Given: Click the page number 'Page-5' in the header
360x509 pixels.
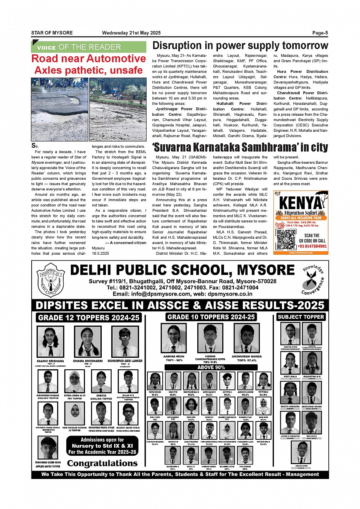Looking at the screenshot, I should pyautogui.click(x=320, y=33).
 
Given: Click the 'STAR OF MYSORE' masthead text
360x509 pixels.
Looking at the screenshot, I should pyautogui.click(x=52, y=33).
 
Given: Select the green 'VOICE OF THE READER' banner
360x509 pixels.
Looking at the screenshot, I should pyautogui.click(x=89, y=47).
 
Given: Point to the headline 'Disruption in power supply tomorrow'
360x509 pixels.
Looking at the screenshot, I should pyautogui.click(x=240, y=46).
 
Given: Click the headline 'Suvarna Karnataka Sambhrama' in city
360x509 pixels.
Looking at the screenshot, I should pyautogui.click(x=240, y=147).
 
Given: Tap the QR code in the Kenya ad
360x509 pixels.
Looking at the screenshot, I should pyautogui.click(x=286, y=239).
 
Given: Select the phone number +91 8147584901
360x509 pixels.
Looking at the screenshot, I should pyautogui.click(x=312, y=246).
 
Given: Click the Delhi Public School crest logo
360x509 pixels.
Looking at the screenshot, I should pyautogui.click(x=51, y=281).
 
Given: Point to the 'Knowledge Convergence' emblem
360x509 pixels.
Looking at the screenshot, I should pyautogui.click(x=313, y=281).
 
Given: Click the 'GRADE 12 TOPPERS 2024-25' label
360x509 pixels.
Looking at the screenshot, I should pyautogui.click(x=89, y=318).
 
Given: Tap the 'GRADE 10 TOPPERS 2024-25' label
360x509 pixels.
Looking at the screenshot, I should pyautogui.click(x=211, y=317).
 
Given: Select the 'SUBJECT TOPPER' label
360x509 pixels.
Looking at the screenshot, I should pyautogui.click(x=301, y=317).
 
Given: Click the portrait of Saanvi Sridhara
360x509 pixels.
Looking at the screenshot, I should pyautogui.click(x=50, y=341).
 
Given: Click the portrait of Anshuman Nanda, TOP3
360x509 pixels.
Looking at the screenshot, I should pyautogui.click(x=246, y=338).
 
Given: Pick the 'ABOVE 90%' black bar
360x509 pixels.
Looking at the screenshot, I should pyautogui.click(x=211, y=367).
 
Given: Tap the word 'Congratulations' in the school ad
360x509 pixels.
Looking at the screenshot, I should pyautogui.click(x=102, y=463).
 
